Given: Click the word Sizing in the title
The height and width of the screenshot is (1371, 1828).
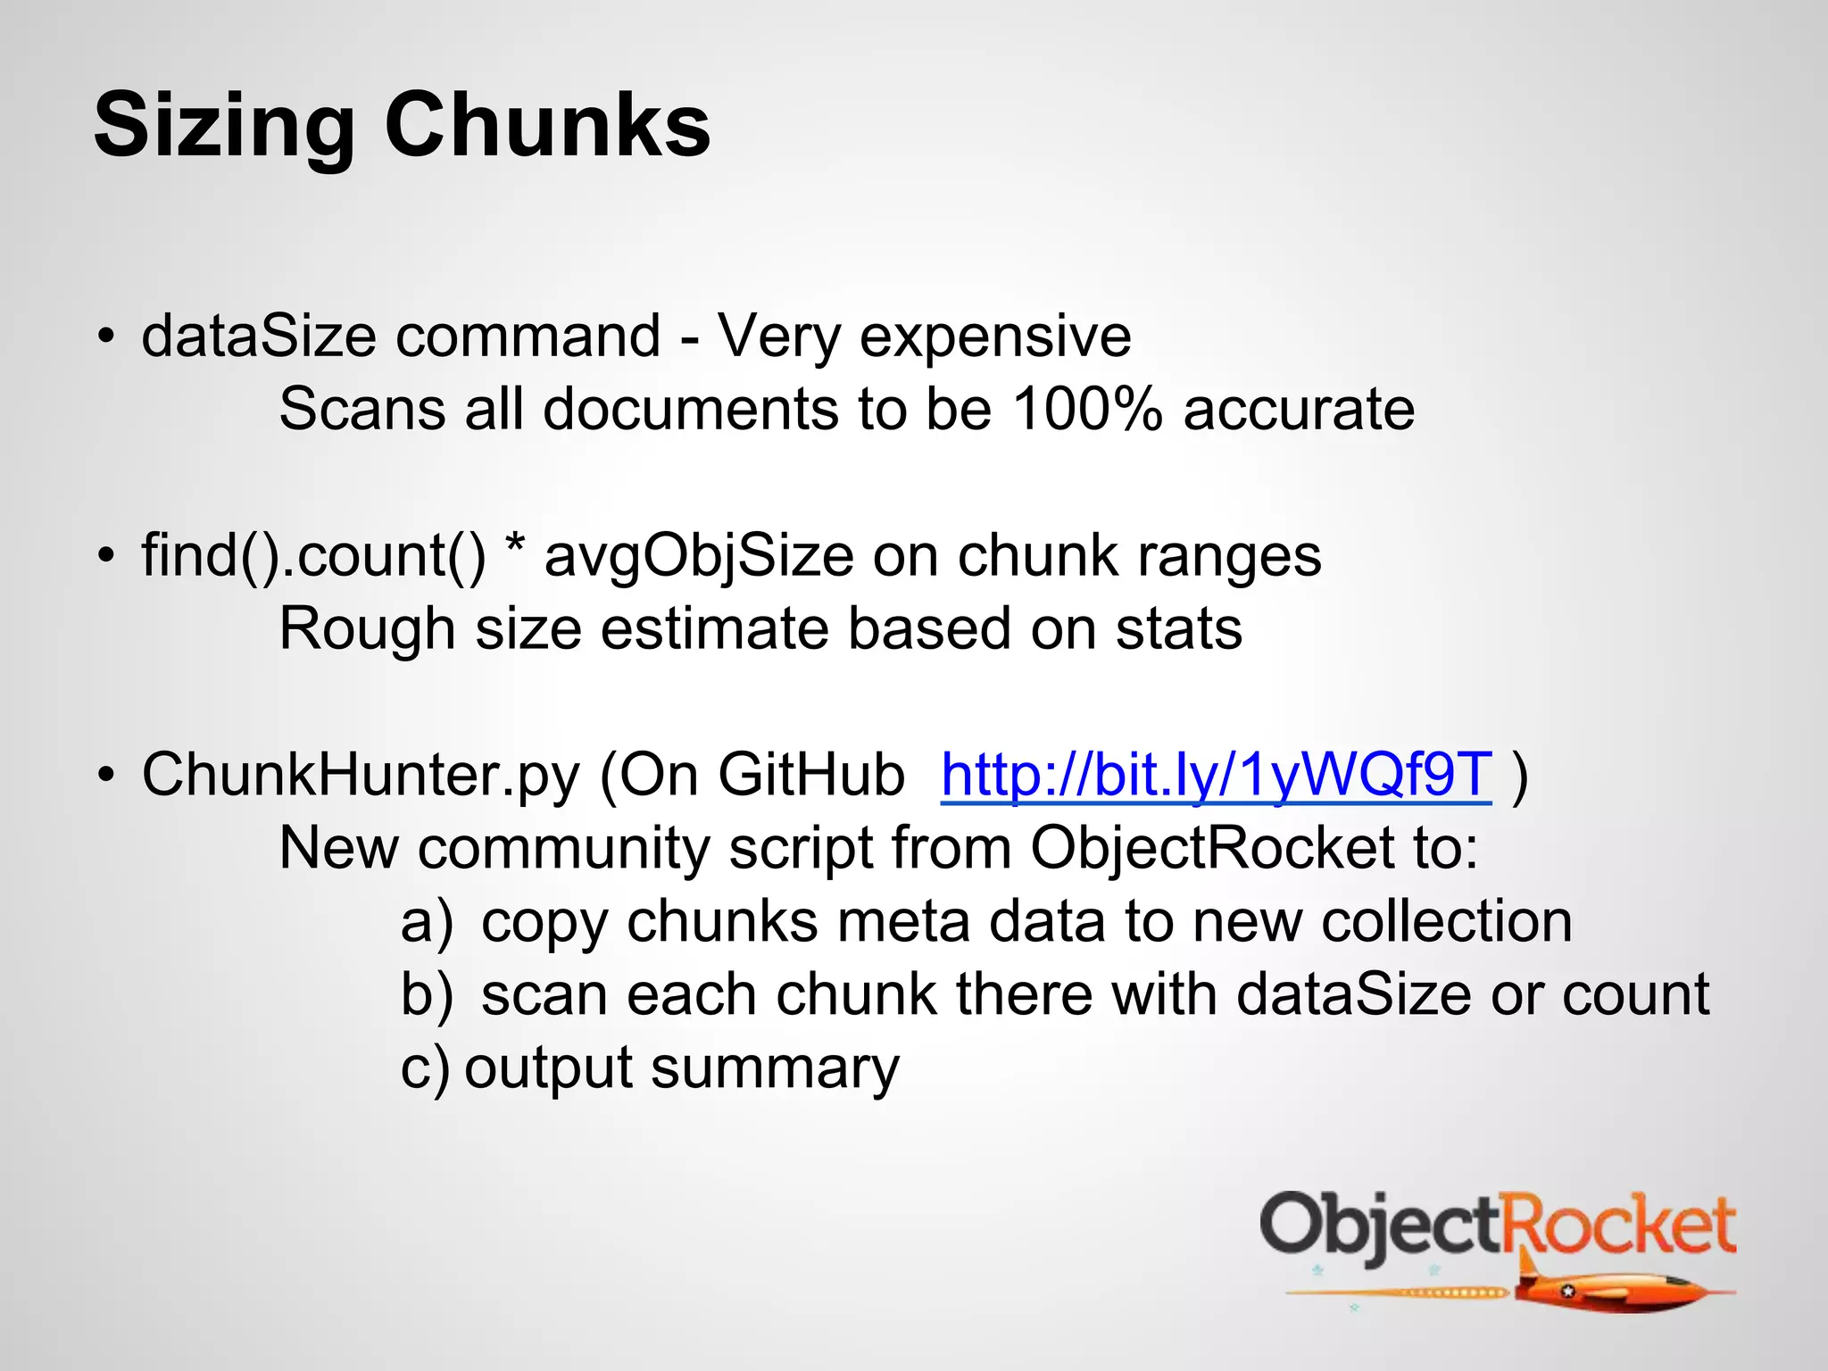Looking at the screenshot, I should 224,127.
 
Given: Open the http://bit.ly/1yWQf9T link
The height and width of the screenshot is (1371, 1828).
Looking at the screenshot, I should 1216,775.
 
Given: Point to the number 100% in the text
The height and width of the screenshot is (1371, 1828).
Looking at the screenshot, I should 1087,410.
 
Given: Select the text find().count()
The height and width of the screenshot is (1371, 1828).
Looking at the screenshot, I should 313,556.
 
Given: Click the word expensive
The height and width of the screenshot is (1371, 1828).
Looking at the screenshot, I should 995,337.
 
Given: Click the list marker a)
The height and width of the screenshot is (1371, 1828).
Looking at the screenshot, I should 427,922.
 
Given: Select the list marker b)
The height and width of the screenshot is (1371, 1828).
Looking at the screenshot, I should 427,995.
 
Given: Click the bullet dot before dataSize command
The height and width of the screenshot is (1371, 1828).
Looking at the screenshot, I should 107,338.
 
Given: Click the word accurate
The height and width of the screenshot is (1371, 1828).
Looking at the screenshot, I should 1299,410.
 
